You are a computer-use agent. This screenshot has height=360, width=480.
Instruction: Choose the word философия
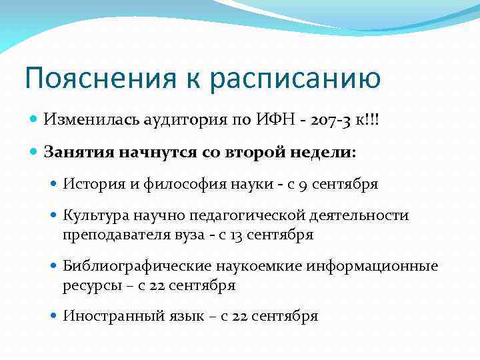174,184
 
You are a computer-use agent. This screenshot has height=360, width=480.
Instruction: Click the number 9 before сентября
303,184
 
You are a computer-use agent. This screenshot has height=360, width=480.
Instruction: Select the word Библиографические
137,266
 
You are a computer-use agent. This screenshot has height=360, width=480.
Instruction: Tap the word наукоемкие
259,266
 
